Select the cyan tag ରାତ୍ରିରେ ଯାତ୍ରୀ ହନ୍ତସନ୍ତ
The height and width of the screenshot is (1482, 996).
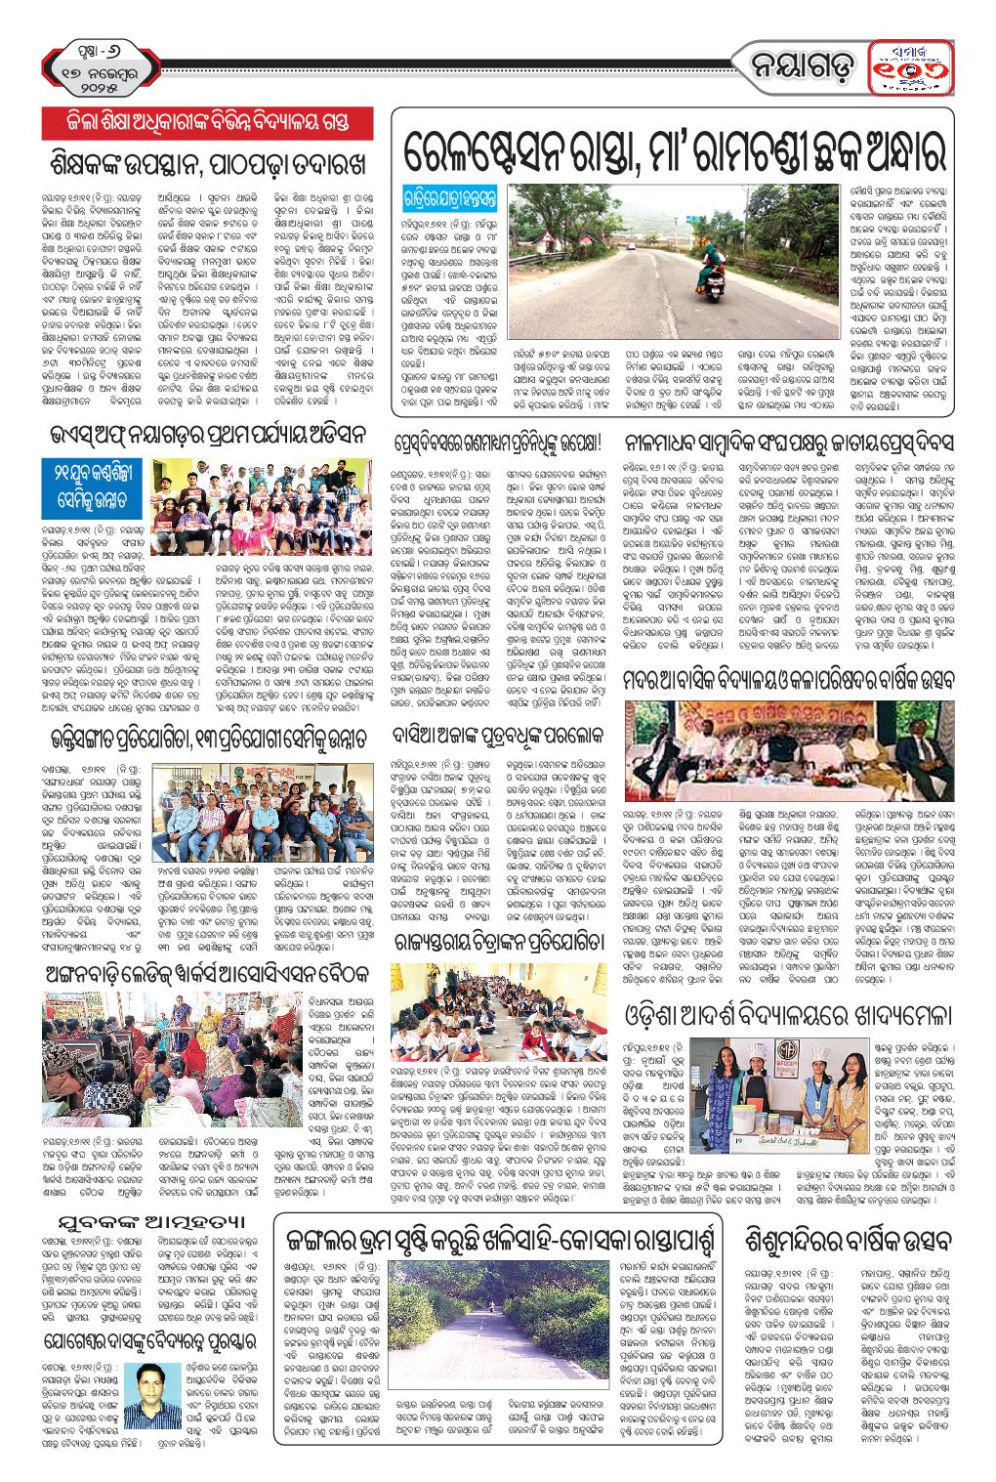tap(450, 198)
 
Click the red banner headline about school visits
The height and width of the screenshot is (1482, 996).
tap(207, 122)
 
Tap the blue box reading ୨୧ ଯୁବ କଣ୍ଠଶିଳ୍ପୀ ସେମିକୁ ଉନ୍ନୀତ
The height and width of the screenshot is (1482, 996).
tap(94, 488)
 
